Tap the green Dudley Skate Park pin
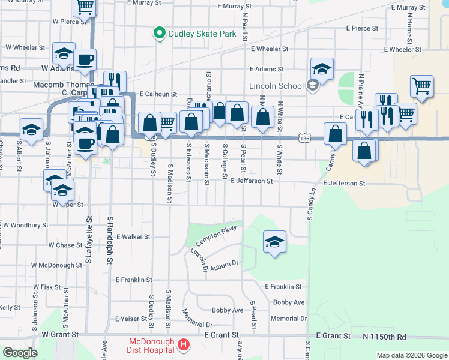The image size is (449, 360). [x=160, y=34]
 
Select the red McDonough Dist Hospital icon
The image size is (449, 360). [x=184, y=346]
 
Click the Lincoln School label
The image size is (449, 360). [x=276, y=86]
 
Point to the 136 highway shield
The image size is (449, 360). [x=306, y=139]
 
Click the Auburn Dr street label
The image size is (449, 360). [x=224, y=263]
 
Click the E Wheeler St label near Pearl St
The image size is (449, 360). [x=270, y=49]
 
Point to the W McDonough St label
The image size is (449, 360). [x=56, y=265]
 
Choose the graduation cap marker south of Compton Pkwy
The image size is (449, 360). [x=274, y=241]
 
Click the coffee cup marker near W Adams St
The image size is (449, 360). [x=85, y=60]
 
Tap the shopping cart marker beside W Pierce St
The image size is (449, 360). [x=85, y=7]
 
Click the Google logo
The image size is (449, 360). [x=20, y=353]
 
